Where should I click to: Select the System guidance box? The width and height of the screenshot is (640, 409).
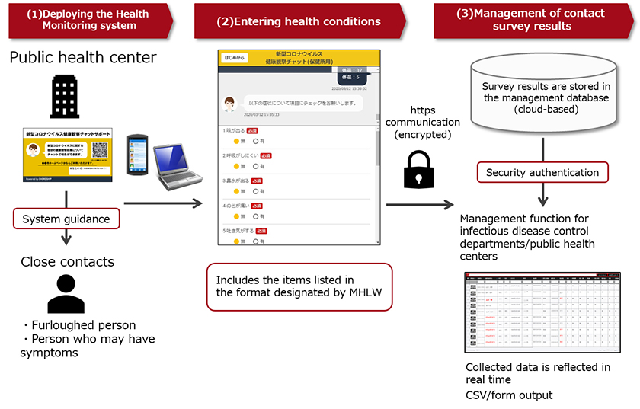pyautogui.click(x=66, y=219)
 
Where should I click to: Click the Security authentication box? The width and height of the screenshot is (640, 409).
pyautogui.click(x=542, y=173)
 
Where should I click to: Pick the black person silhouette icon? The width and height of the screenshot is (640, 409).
pyautogui.click(x=66, y=295)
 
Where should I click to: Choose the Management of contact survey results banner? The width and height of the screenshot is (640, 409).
pyautogui.click(x=532, y=20)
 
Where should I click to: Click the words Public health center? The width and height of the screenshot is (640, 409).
pyautogui.click(x=83, y=58)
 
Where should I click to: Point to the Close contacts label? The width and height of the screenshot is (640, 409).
pyautogui.click(x=68, y=261)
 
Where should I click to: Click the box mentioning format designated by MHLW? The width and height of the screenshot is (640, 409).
pyautogui.click(x=299, y=286)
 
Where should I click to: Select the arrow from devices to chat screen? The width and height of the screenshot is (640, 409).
pyautogui.click(x=162, y=203)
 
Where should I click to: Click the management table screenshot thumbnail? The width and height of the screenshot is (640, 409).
pyautogui.click(x=542, y=312)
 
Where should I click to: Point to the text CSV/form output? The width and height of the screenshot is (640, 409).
pyautogui.click(x=509, y=395)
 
